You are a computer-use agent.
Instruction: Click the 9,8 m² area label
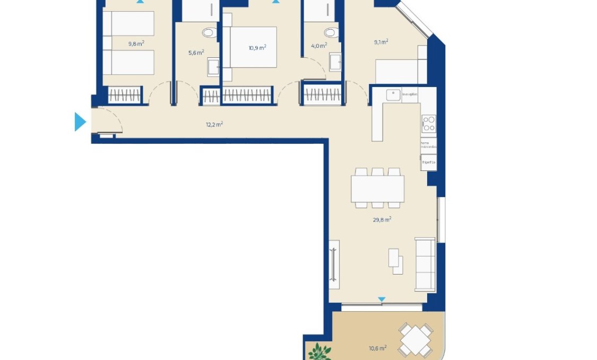coord(136,44)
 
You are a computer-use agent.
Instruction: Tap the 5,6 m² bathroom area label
coord(196,53)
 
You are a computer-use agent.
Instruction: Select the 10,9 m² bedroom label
coord(257,47)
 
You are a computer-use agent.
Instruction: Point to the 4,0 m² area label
coord(318,46)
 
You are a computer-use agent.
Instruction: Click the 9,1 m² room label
coord(380,41)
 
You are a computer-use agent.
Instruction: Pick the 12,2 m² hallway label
coord(214,125)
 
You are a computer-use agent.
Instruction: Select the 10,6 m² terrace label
coord(377,348)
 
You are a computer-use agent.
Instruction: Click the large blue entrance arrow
coord(80,122)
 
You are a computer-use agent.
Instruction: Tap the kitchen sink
coord(393,95)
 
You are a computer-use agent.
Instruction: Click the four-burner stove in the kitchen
coord(428,123)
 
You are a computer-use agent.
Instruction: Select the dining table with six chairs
coord(377,188)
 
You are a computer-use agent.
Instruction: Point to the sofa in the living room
coord(425,264)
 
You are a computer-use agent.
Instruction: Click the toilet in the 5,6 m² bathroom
coord(209,33)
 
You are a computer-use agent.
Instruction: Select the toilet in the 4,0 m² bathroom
coord(330,33)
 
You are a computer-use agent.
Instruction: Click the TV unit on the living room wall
coord(334,261)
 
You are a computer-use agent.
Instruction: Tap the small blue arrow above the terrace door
coord(381,300)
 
